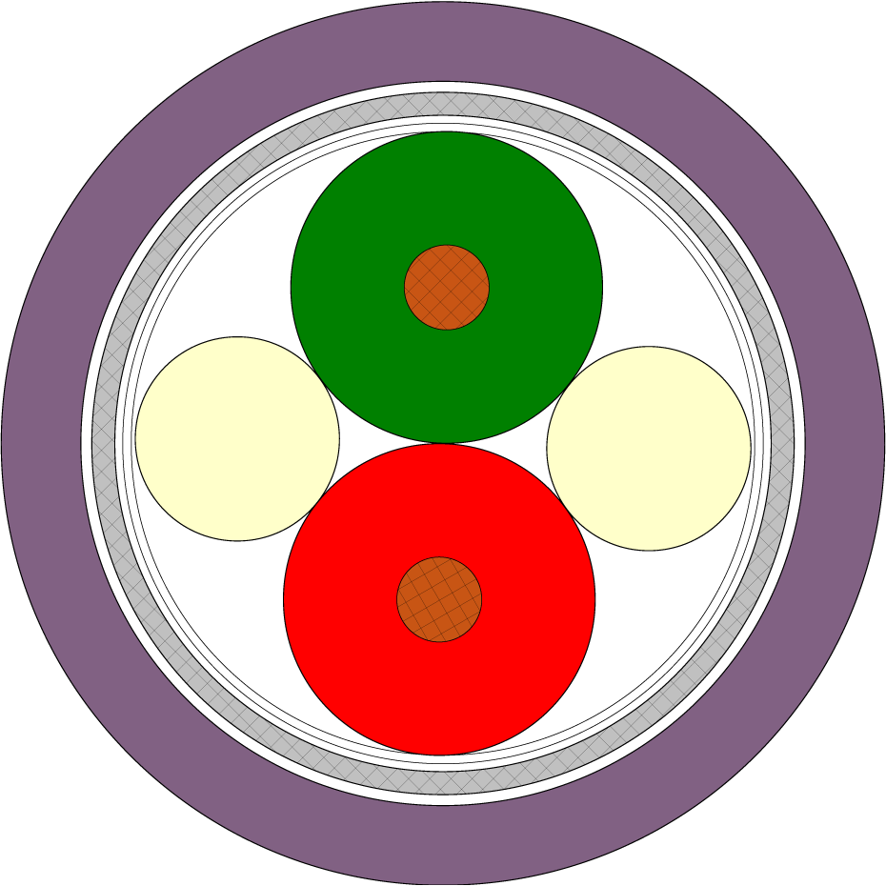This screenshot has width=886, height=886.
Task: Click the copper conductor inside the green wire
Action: click(447, 287)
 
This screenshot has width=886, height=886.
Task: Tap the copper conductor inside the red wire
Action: click(439, 599)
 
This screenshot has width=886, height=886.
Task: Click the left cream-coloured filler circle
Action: click(237, 438)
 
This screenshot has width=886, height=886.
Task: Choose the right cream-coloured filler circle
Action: click(649, 448)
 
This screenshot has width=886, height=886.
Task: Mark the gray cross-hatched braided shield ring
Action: click(104, 443)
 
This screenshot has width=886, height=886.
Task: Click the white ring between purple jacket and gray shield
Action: click(87, 443)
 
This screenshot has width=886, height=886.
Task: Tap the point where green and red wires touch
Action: click(443, 443)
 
